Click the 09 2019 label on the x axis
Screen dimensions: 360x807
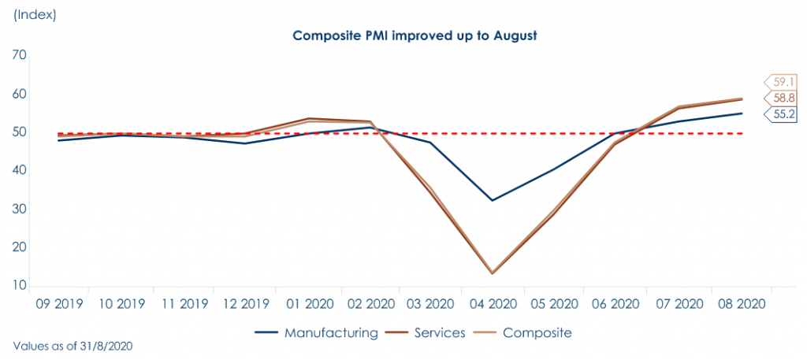click(x=60, y=302)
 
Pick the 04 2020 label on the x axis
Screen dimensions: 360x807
click(x=492, y=302)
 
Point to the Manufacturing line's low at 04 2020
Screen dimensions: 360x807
click(x=492, y=200)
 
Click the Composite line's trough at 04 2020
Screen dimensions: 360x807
click(x=492, y=272)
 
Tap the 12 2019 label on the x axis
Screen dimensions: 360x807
click(x=246, y=302)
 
